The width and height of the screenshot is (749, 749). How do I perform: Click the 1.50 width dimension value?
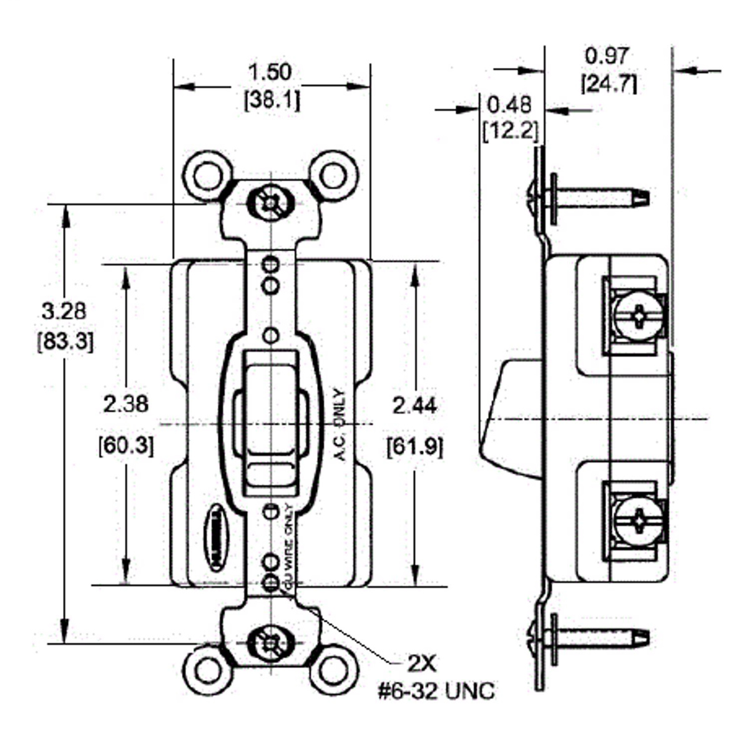coord(270,72)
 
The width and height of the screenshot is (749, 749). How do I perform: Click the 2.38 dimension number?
coord(126,404)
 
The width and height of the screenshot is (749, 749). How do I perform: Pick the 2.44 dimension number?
coord(414,406)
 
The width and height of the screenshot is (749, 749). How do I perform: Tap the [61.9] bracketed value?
coord(415,446)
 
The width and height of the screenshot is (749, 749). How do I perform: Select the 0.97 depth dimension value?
coord(607,56)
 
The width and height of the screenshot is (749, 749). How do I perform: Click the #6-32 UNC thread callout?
coord(436,691)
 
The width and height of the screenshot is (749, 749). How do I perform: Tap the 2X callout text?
coord(415,662)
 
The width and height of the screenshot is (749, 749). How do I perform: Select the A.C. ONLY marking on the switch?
coord(339,424)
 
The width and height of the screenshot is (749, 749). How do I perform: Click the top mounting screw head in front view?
coord(270,202)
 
